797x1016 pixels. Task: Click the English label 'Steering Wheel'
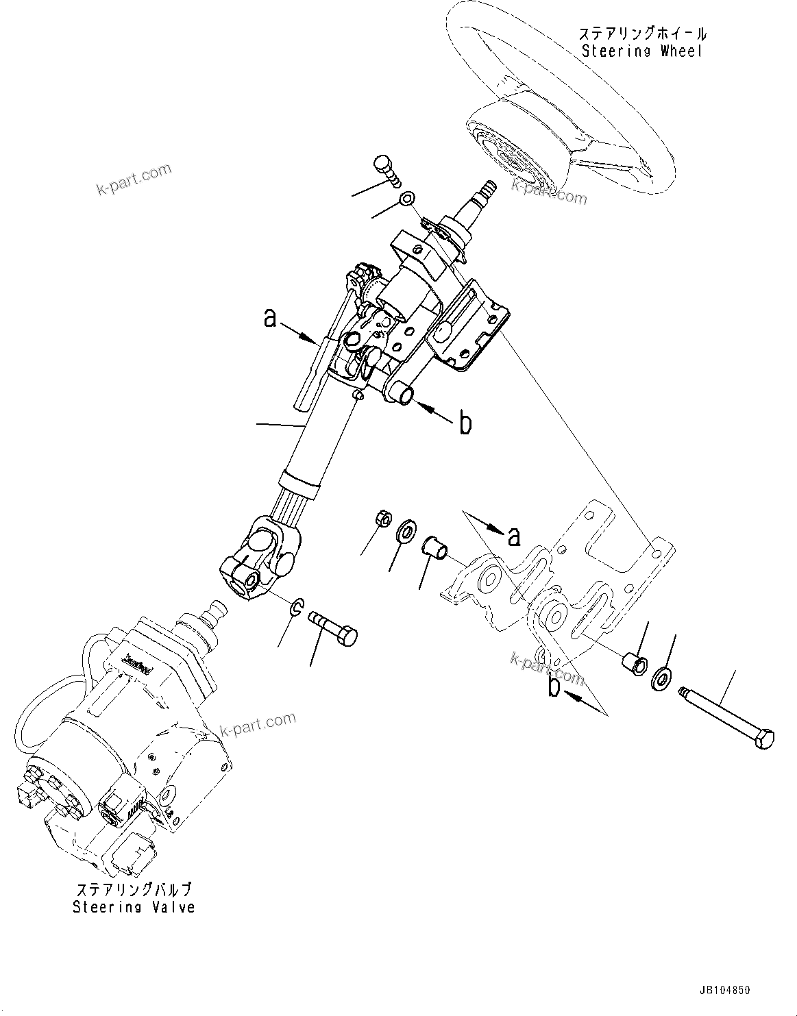pos(642,51)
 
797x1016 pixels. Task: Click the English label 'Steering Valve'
pos(134,907)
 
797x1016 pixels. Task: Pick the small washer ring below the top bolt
pos(407,199)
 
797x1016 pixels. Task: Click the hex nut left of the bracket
pos(384,519)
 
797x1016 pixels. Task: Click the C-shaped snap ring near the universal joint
pos(297,606)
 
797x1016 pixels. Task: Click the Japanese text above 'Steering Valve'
pos(134,890)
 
